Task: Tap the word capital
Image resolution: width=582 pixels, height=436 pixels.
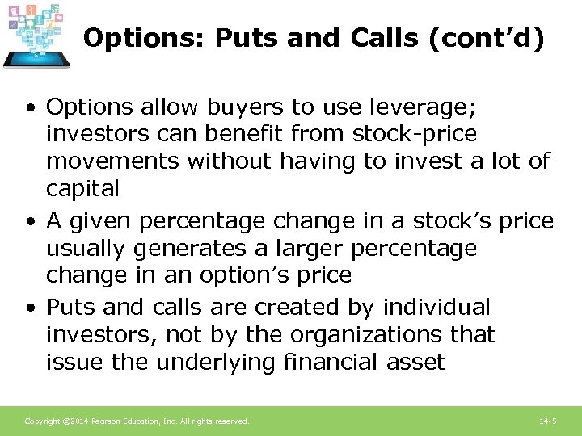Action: (x=82, y=189)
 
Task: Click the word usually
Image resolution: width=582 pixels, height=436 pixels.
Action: (x=87, y=247)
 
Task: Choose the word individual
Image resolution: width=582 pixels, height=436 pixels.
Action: (x=436, y=308)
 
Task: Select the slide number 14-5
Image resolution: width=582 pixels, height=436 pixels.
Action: (x=548, y=421)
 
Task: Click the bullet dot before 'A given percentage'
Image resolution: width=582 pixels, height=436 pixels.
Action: (x=30, y=220)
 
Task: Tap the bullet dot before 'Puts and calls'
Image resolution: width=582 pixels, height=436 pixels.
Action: (x=30, y=308)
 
